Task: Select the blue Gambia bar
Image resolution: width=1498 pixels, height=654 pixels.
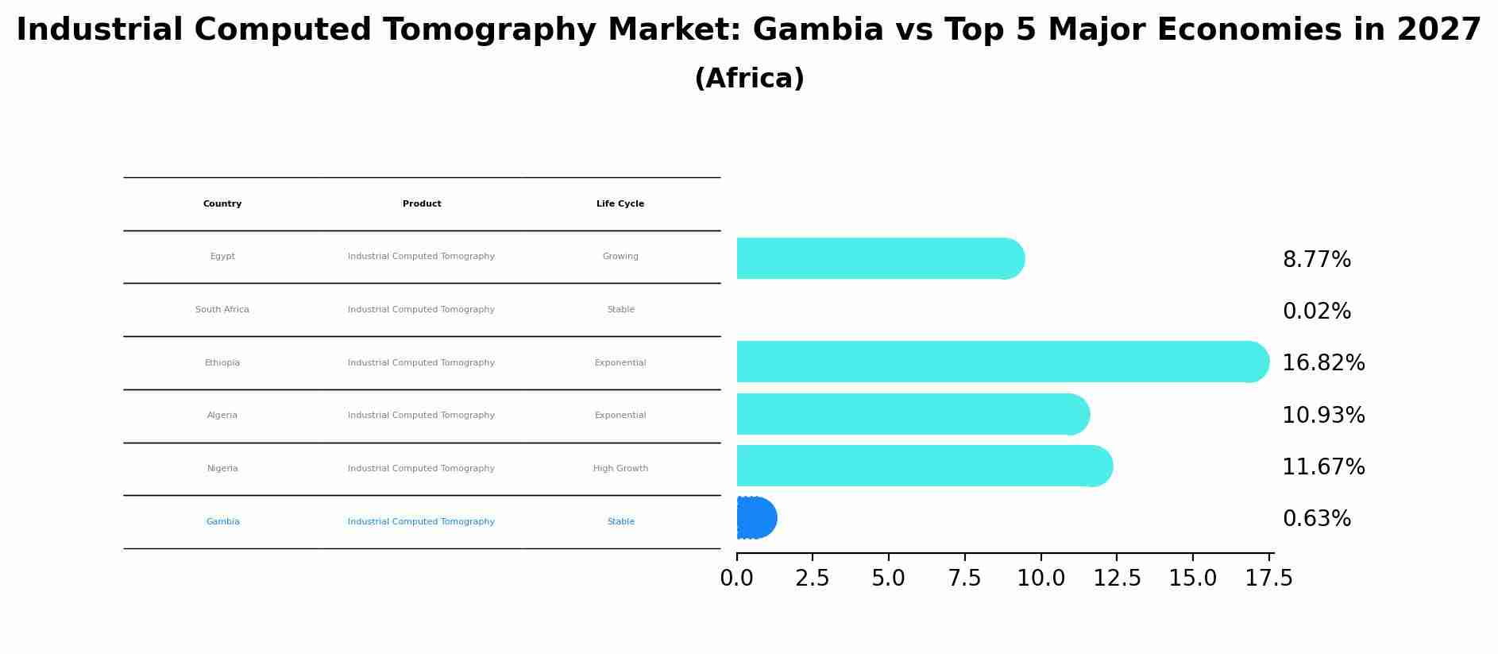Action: [755, 518]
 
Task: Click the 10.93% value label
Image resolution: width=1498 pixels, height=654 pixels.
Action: [1323, 415]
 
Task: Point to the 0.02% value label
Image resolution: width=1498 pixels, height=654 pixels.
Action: [1316, 312]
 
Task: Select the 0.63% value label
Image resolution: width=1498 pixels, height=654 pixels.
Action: [1316, 519]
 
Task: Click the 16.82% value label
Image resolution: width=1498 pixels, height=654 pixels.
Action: [1323, 363]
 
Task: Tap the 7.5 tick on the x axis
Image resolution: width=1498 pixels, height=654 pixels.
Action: [964, 579]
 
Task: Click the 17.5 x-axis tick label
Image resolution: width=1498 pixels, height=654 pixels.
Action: [1268, 579]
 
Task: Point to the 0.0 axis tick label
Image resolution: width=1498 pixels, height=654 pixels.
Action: [736, 579]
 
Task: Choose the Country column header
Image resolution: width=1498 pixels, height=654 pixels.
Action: [222, 204]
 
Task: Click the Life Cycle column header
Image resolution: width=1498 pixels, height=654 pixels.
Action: [620, 204]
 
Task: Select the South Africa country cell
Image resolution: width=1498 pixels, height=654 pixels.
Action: [222, 310]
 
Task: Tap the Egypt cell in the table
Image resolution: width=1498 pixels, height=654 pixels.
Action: [222, 257]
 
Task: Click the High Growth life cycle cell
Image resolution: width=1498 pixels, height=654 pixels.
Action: [620, 469]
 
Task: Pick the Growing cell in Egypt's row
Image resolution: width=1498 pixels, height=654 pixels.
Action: [620, 257]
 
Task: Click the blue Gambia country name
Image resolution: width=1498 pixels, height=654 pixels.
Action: [222, 522]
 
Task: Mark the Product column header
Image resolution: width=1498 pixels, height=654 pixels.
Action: [422, 204]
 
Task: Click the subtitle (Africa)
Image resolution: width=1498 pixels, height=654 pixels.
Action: [749, 79]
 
